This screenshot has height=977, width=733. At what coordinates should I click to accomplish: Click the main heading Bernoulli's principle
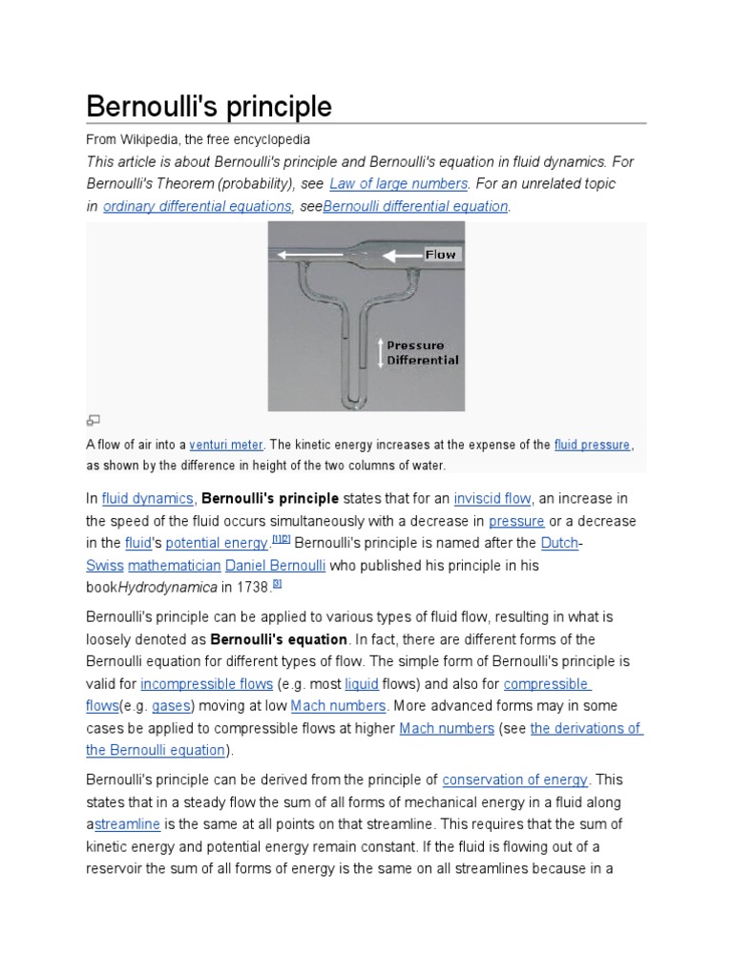pos(209,106)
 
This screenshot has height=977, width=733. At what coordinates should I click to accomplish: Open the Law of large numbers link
pos(398,183)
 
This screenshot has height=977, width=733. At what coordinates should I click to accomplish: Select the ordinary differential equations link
pos(198,206)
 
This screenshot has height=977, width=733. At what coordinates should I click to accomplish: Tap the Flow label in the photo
pos(441,255)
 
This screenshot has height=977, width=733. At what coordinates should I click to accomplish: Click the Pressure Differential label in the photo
pos(423,353)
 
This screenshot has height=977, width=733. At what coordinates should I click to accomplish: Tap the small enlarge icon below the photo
pos(93,421)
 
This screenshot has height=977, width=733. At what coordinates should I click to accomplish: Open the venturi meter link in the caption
pos(226,445)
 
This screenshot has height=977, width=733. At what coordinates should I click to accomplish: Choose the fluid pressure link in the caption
pos(592,445)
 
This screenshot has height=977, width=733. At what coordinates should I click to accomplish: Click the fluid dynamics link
pos(147,498)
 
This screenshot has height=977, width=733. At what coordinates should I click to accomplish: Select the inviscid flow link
pos(492,498)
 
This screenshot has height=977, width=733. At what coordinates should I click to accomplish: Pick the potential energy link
pos(217,543)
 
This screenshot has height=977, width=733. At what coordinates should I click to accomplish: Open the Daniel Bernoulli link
pos(275,566)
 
